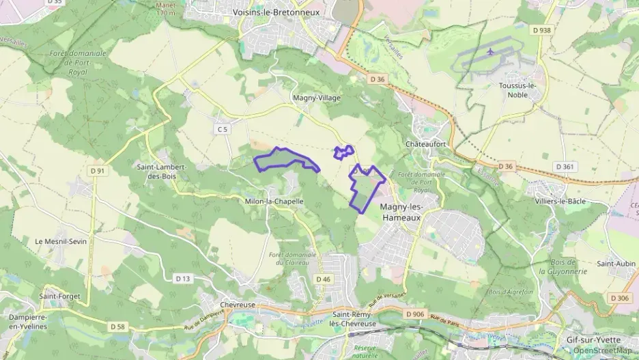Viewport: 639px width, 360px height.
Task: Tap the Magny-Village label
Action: tap(316, 98)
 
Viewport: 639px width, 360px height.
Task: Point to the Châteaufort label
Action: tap(426, 144)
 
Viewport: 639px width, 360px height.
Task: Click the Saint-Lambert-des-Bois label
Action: tap(157, 171)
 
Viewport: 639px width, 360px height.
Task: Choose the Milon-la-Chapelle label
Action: tap(274, 202)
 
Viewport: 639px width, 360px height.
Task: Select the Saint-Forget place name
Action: tap(59, 296)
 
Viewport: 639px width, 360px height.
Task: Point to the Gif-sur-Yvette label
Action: tap(593, 340)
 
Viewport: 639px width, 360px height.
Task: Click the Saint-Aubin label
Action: tap(615, 264)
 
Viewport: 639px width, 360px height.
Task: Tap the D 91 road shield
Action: tap(98, 171)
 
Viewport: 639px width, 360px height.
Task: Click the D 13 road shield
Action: tap(183, 278)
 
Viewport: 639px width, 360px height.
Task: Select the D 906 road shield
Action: tap(414, 314)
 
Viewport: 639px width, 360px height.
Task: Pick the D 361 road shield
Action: tap(565, 167)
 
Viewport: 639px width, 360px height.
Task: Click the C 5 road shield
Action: tap(222, 128)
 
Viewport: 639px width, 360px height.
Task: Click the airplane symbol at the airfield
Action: tap(491, 51)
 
